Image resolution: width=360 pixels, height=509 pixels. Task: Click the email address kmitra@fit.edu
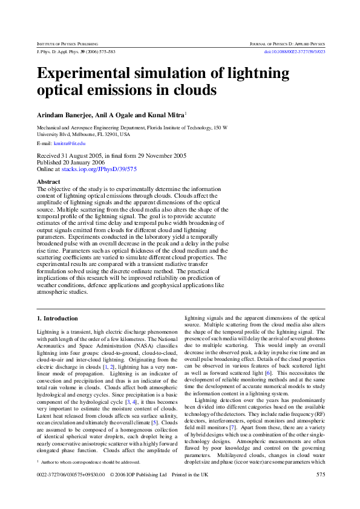click(x=70, y=143)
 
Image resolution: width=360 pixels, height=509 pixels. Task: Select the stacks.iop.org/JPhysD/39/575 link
click(x=99, y=170)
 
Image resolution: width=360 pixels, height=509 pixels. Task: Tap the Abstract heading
click(x=48, y=181)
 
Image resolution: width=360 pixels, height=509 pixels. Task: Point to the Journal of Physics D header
click(x=287, y=45)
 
